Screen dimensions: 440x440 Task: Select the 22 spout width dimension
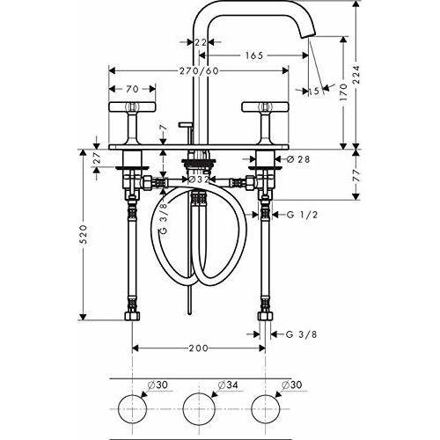201,42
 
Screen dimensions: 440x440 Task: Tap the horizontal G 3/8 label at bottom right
296,333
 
